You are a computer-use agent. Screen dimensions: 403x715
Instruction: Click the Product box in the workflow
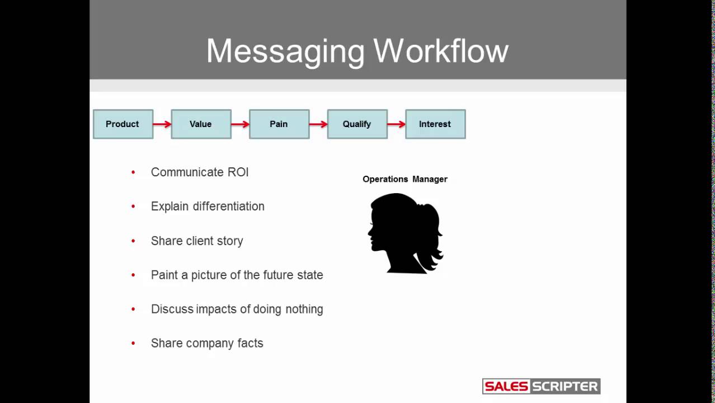(123, 124)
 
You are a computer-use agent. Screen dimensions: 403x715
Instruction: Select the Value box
(201, 124)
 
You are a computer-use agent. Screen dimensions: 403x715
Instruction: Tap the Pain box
(279, 124)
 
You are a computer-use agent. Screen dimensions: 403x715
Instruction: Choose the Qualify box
(357, 124)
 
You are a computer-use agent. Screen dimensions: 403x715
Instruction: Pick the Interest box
(435, 124)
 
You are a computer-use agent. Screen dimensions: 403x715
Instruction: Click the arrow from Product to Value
(162, 124)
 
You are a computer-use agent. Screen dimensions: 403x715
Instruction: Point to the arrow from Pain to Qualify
(318, 124)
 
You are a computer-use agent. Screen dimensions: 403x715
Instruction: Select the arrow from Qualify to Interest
(396, 124)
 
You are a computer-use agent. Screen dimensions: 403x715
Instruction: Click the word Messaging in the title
(285, 51)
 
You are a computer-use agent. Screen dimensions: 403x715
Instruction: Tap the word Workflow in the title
(441, 51)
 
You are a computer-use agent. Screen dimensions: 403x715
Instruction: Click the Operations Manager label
(404, 179)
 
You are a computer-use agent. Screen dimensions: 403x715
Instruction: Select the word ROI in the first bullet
(238, 172)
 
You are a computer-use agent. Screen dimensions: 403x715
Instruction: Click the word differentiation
(228, 207)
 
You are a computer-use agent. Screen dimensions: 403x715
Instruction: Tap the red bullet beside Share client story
(133, 241)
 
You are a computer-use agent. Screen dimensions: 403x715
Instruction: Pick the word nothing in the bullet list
(304, 309)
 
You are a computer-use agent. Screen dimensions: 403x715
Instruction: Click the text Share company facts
(206, 343)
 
